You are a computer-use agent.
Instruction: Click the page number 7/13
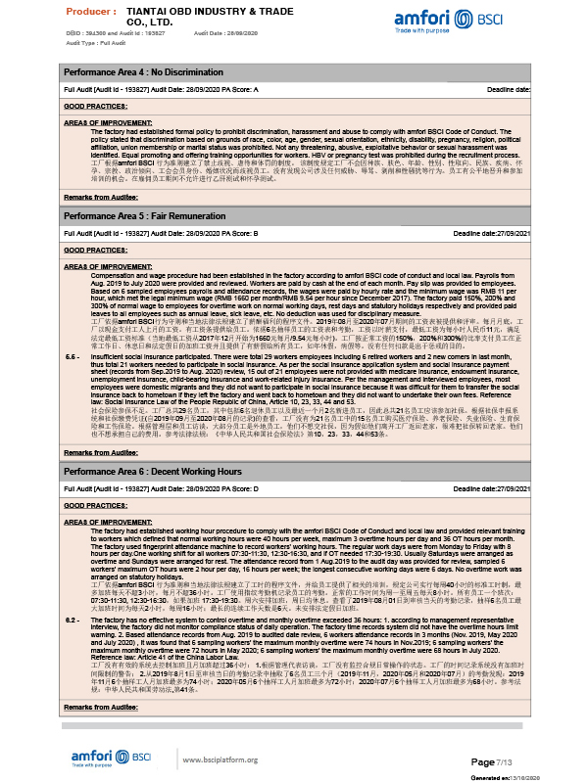pos(516,761)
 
